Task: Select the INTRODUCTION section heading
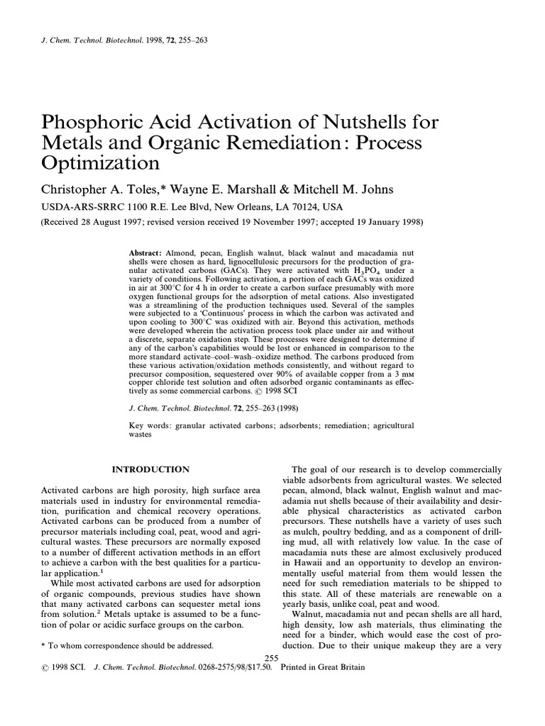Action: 151,469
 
